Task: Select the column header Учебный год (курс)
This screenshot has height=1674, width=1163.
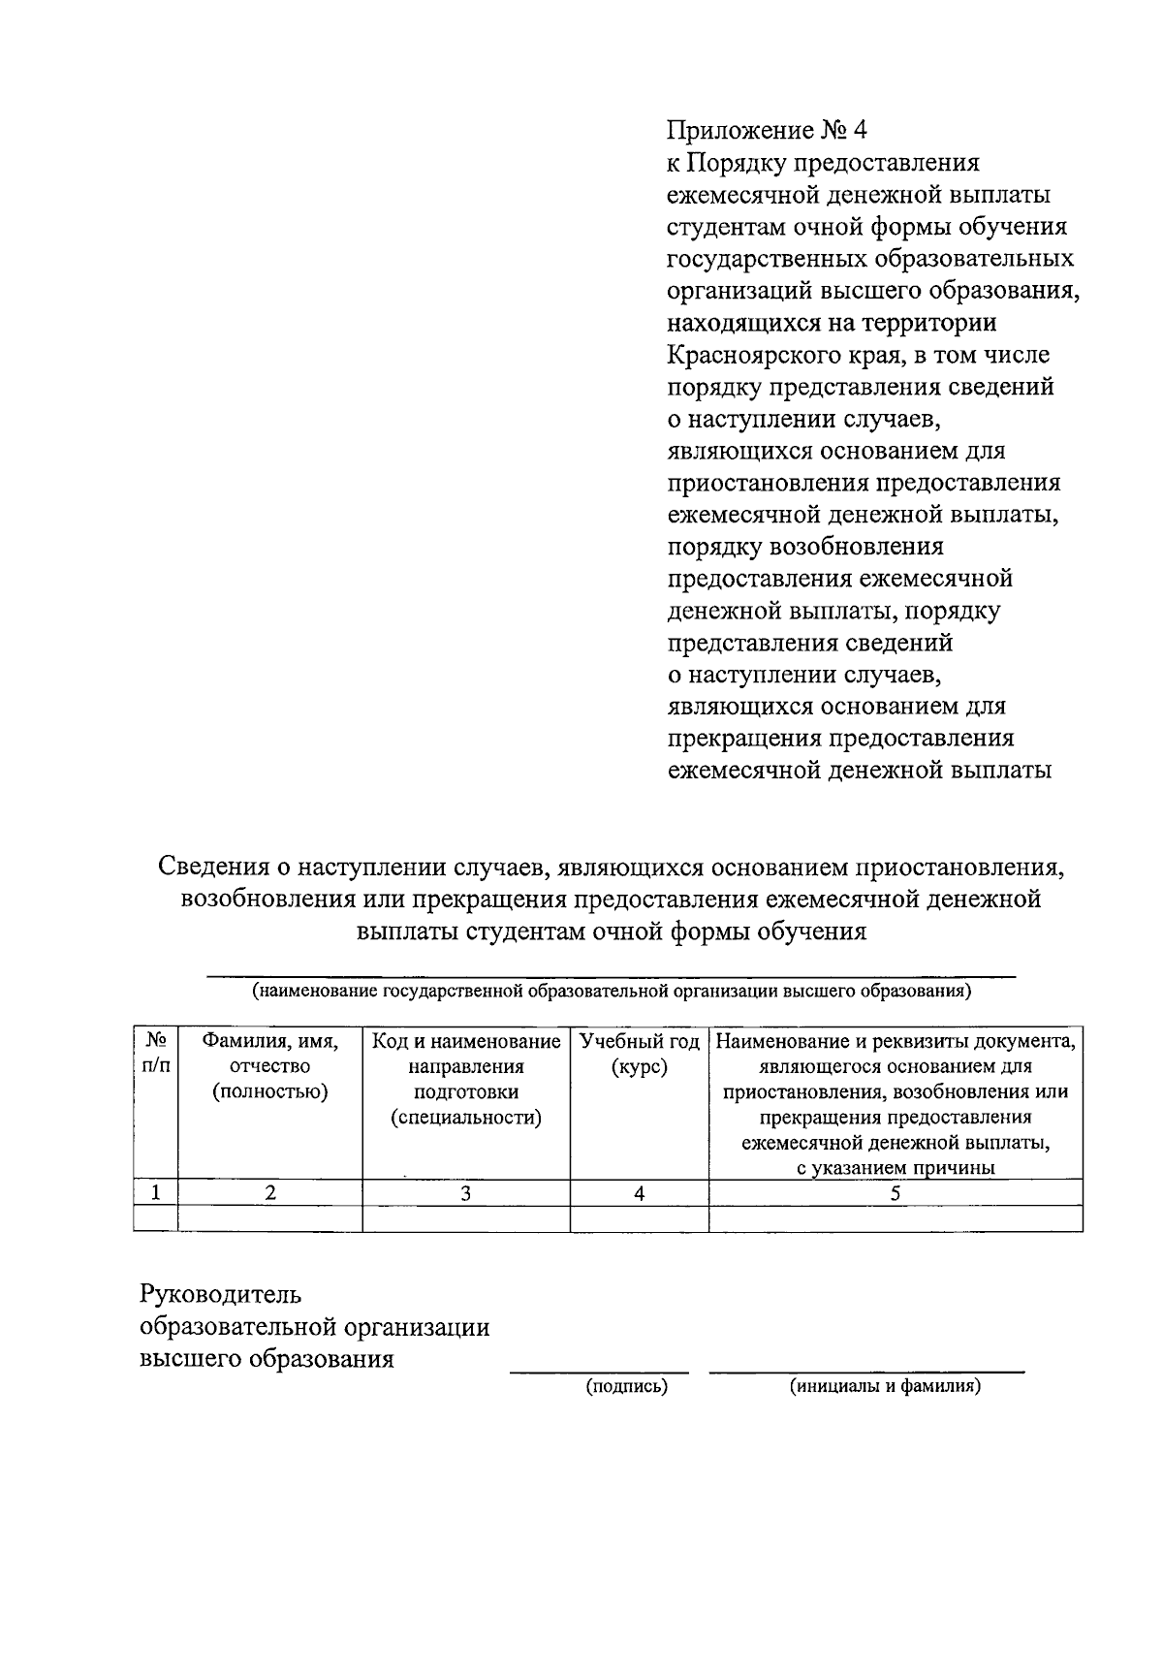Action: [x=639, y=1055]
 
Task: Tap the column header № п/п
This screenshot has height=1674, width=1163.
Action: [x=155, y=1055]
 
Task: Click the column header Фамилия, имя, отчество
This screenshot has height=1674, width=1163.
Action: [x=269, y=1066]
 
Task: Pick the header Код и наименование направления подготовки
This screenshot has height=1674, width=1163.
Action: [x=465, y=1066]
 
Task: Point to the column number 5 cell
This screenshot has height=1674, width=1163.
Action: [x=895, y=1193]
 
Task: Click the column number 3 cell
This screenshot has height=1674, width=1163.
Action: [x=465, y=1193]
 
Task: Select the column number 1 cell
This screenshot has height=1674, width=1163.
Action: [x=155, y=1192]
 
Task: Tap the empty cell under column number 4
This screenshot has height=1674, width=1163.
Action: [x=639, y=1218]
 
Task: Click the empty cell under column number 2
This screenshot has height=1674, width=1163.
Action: [x=269, y=1218]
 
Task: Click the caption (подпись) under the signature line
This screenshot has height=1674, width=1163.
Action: [x=626, y=1387]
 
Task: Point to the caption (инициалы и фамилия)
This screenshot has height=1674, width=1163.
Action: [x=885, y=1387]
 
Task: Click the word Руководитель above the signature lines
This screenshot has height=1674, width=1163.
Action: [x=221, y=1294]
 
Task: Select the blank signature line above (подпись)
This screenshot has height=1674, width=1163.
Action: [x=599, y=1371]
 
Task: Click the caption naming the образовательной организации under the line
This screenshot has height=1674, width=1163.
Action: [x=611, y=992]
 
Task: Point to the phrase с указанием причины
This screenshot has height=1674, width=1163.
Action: [x=895, y=1168]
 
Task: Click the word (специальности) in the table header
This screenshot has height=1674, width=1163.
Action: [x=465, y=1118]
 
